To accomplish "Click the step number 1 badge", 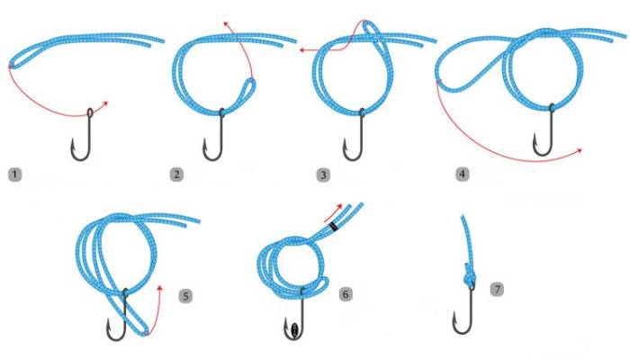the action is pyautogui.click(x=15, y=175).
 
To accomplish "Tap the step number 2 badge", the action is pyautogui.click(x=176, y=175).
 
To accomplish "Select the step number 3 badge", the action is pyautogui.click(x=323, y=175).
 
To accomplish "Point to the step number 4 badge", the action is pyautogui.click(x=463, y=175).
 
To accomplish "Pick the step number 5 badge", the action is pyautogui.click(x=185, y=296).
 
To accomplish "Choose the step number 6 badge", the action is pyautogui.click(x=346, y=294).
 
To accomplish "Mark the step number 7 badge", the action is pyautogui.click(x=497, y=289).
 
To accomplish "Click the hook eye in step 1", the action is pyautogui.click(x=90, y=112).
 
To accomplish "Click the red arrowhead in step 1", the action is pyautogui.click(x=105, y=103).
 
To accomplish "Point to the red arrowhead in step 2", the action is pyautogui.click(x=226, y=23).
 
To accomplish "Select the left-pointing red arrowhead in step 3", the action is pyautogui.click(x=302, y=50).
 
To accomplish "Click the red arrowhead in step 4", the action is pyautogui.click(x=579, y=150).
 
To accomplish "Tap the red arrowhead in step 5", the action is pyautogui.click(x=160, y=288).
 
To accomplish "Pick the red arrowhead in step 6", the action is pyautogui.click(x=339, y=206).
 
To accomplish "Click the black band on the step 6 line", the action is pyautogui.click(x=334, y=227).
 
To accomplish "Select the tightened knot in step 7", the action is pyautogui.click(x=470, y=275).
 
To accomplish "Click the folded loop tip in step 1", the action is pyautogui.click(x=12, y=66).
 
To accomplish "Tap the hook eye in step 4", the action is pyautogui.click(x=552, y=108).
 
